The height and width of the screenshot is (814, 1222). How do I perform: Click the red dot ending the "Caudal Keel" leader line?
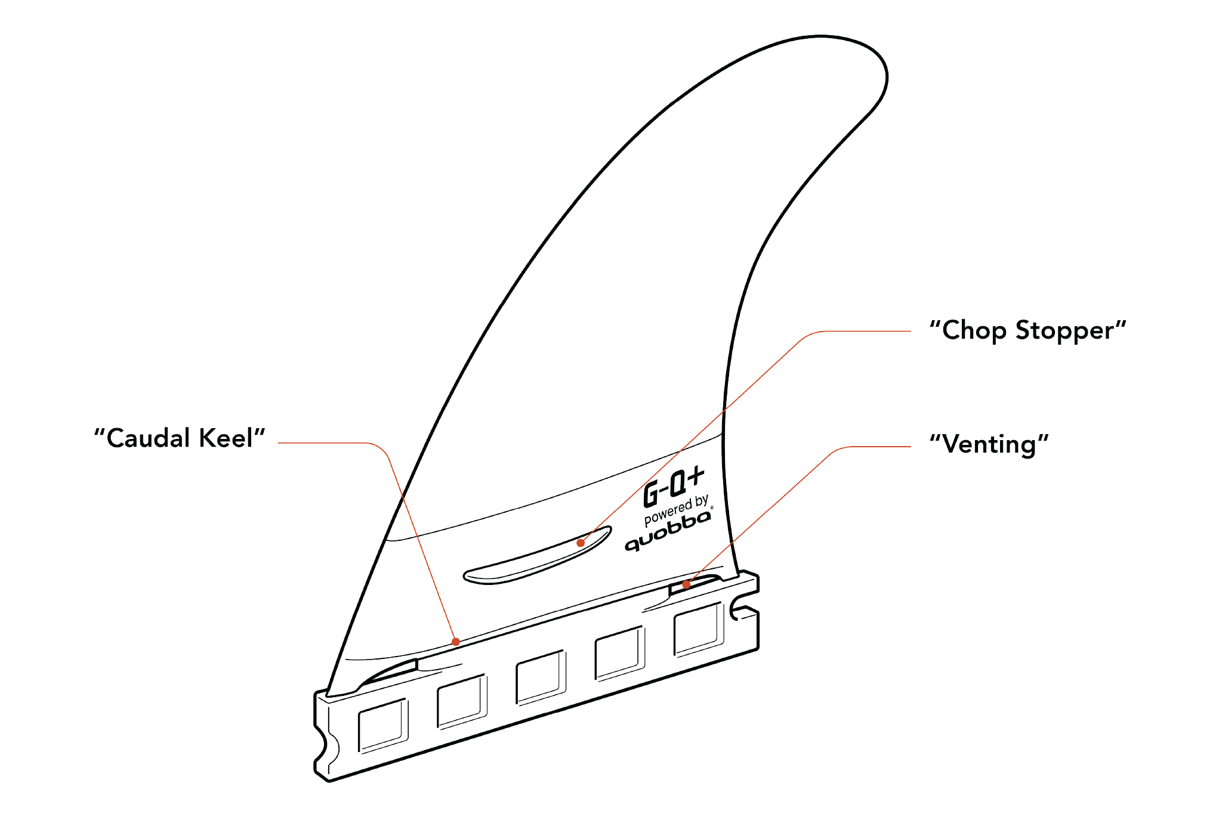pos(456,642)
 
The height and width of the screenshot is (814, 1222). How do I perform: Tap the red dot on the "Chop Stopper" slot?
pos(581,543)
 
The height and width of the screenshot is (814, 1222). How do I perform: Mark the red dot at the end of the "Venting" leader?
pos(686,584)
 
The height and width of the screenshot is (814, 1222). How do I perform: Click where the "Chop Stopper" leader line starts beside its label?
pos(911,331)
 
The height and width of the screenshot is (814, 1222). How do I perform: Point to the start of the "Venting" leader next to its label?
pos(911,446)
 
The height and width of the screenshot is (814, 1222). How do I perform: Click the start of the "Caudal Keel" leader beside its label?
pos(279,442)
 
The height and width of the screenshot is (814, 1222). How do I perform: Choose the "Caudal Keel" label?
pos(180,438)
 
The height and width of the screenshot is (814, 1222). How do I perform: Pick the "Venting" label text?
pos(989,445)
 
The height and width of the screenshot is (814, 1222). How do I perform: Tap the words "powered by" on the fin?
pos(676,510)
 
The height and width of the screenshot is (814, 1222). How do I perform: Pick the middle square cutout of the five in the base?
pos(541,677)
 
